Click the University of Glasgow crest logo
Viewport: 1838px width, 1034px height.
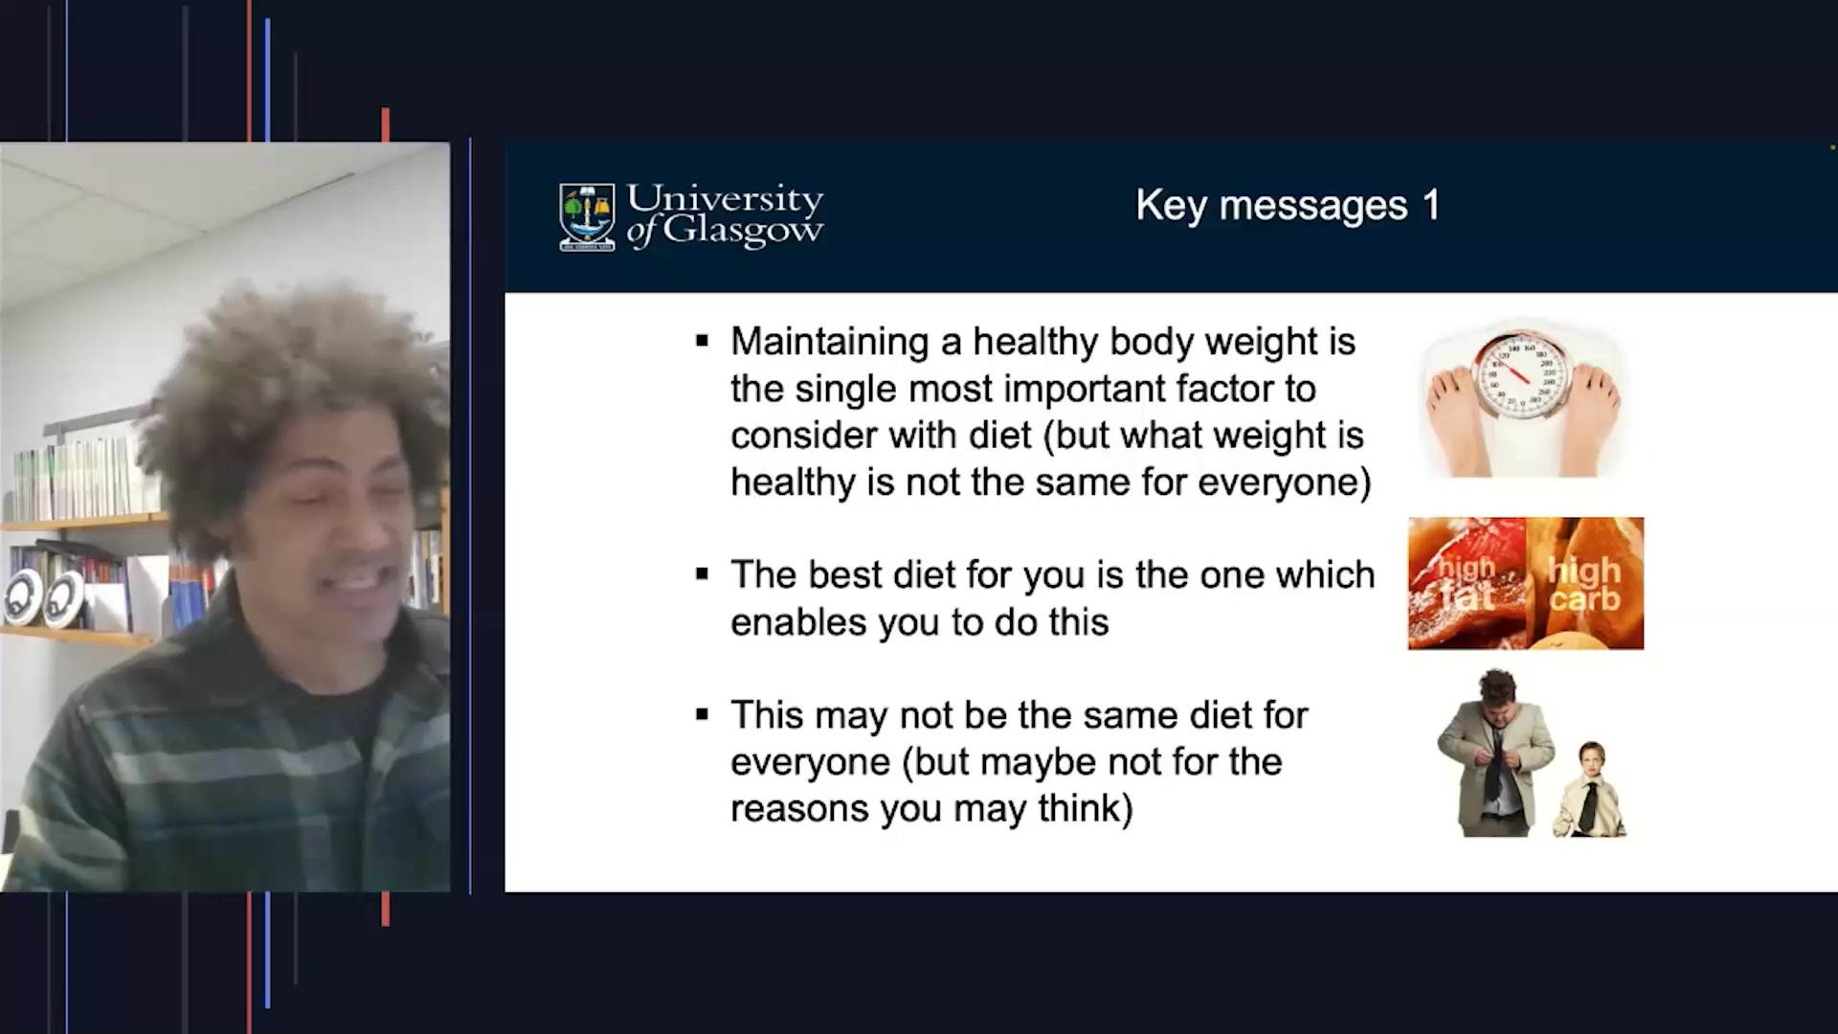point(587,217)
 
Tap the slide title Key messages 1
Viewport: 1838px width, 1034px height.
point(1287,205)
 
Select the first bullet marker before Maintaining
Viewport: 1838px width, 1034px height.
point(703,341)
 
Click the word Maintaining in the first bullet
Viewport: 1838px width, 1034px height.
point(829,342)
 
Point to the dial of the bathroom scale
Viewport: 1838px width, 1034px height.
point(1522,375)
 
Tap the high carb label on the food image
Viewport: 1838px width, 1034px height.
point(1584,584)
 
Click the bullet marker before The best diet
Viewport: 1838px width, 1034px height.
point(703,574)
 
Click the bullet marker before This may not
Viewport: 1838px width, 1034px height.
point(703,714)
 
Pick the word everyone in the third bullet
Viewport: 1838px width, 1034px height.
point(810,762)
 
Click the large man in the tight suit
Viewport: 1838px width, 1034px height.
point(1493,756)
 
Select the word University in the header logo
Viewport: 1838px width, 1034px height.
point(725,199)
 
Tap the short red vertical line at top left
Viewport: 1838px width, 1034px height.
point(386,124)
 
